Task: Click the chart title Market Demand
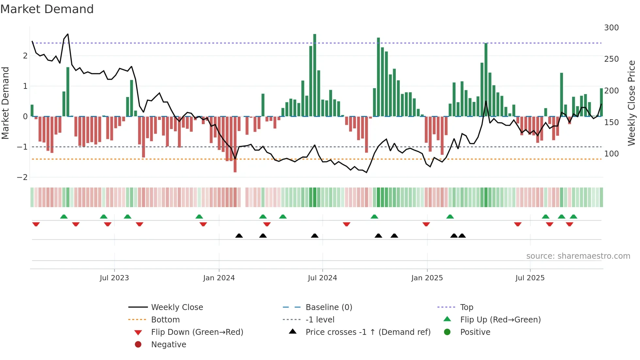47,9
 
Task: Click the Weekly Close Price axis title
632,103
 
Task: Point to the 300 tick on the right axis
611,28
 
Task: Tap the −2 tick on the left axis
23,177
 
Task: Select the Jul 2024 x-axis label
322,278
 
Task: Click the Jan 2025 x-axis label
427,278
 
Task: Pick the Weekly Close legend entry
177,307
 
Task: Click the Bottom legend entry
165,320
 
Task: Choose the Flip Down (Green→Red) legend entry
197,332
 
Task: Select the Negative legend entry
168,345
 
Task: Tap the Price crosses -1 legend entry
368,332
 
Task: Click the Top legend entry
467,307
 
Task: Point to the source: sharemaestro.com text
578,256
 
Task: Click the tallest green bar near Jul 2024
315,75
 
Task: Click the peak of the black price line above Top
68,34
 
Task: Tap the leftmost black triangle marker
239,236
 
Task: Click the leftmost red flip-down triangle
36,224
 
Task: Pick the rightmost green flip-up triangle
573,217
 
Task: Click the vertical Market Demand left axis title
6,103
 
